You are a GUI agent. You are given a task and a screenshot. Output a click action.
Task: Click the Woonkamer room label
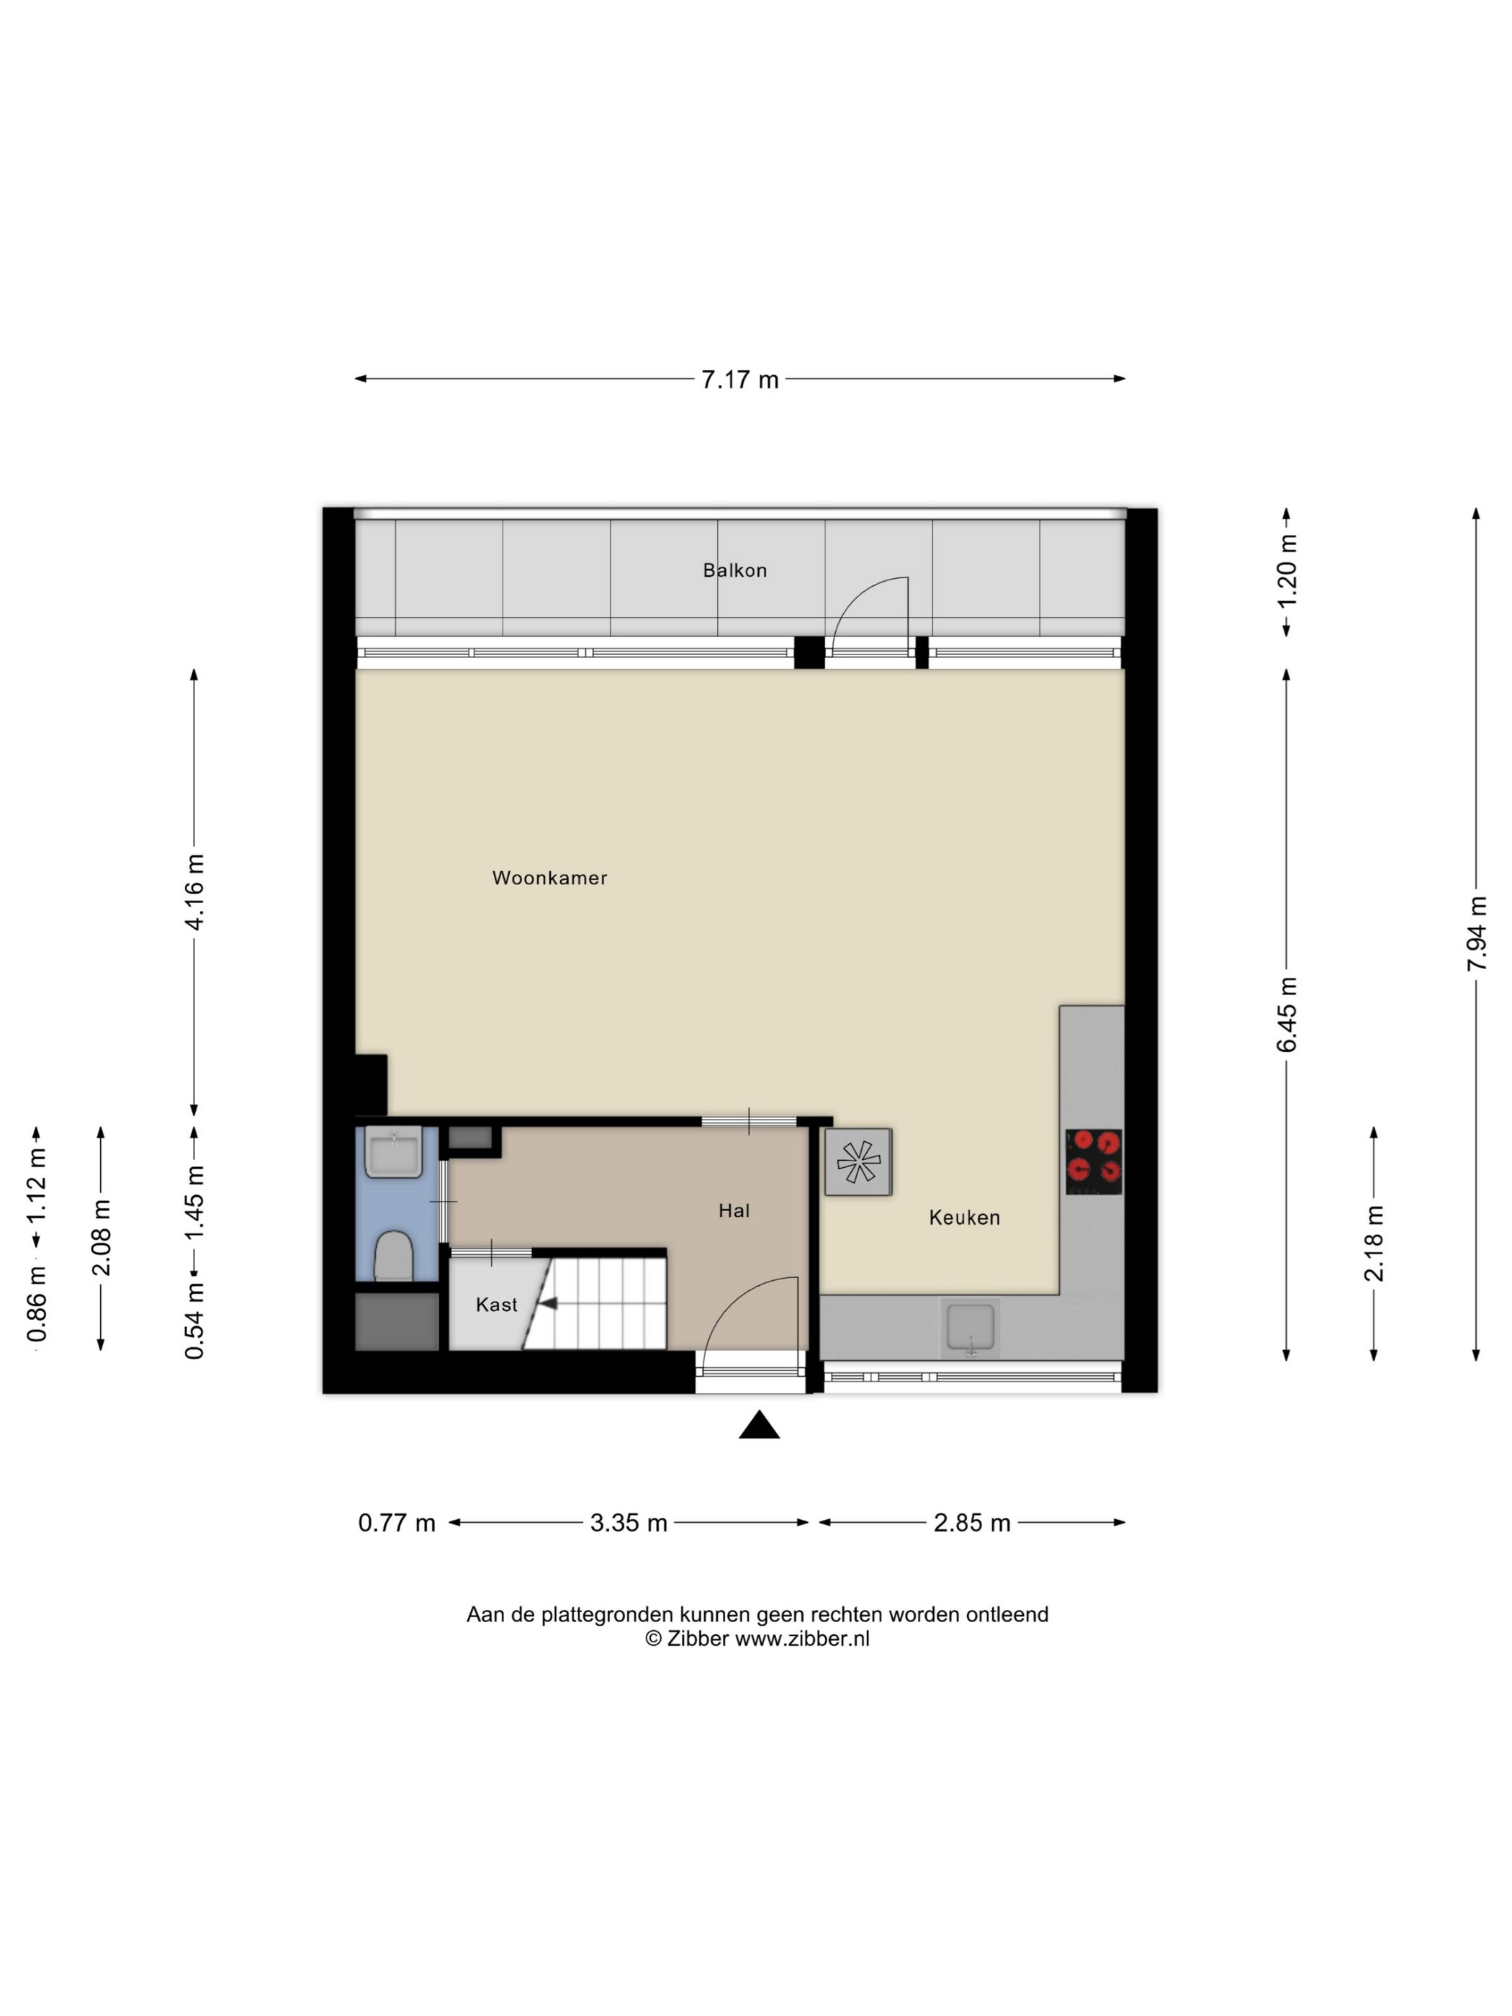[x=549, y=878]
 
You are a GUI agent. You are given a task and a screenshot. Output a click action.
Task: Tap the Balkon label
[x=734, y=570]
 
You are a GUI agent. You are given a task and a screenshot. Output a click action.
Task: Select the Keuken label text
[x=964, y=1218]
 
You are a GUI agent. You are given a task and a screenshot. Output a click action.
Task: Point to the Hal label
[x=734, y=1210]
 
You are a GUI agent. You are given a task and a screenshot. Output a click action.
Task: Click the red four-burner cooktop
[x=1094, y=1161]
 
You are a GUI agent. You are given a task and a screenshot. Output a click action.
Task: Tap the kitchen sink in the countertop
[x=971, y=1328]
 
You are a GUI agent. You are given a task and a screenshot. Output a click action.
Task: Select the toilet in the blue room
[x=394, y=1255]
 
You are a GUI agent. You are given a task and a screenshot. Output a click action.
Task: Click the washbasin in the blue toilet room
[x=393, y=1153]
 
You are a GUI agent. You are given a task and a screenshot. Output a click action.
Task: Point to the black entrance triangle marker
[x=759, y=1424]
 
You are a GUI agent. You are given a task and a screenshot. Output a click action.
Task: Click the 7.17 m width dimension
[x=740, y=379]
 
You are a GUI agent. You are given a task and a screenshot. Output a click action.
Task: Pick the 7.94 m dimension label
[x=1477, y=933]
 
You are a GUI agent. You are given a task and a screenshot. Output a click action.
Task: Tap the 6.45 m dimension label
[x=1286, y=1014]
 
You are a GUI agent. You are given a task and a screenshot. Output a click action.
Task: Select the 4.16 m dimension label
[x=194, y=891]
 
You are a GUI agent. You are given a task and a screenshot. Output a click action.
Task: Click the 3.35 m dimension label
[x=629, y=1523]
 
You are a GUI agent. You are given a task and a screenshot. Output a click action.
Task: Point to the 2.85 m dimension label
[x=971, y=1523]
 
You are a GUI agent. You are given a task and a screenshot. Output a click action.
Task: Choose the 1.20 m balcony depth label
[x=1286, y=572]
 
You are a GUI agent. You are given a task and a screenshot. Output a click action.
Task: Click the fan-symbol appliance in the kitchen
[x=858, y=1162]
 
